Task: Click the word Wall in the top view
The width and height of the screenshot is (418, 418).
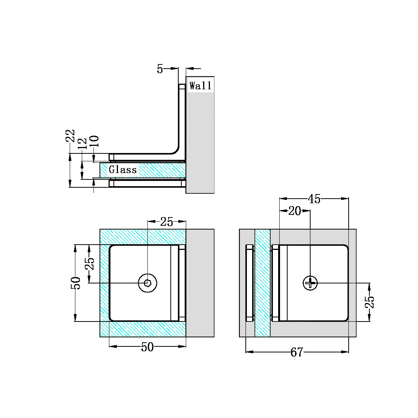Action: point(200,86)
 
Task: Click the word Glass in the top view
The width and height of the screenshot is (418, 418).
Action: point(123,170)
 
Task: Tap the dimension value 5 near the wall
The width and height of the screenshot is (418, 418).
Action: point(160,69)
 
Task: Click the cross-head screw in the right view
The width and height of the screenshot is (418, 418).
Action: point(310,283)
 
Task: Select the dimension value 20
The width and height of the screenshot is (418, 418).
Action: point(294,211)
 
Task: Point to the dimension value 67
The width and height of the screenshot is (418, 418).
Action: point(297,352)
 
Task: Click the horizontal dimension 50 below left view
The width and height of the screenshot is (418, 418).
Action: point(147,347)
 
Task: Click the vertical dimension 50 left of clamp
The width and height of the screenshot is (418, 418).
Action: point(76,283)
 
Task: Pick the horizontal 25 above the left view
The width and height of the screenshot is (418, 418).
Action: point(167,222)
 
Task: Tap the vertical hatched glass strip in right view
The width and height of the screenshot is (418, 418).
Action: point(263,283)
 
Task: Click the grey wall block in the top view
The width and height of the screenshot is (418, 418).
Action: point(200,143)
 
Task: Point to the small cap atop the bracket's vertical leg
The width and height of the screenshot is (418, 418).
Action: point(182,86)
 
